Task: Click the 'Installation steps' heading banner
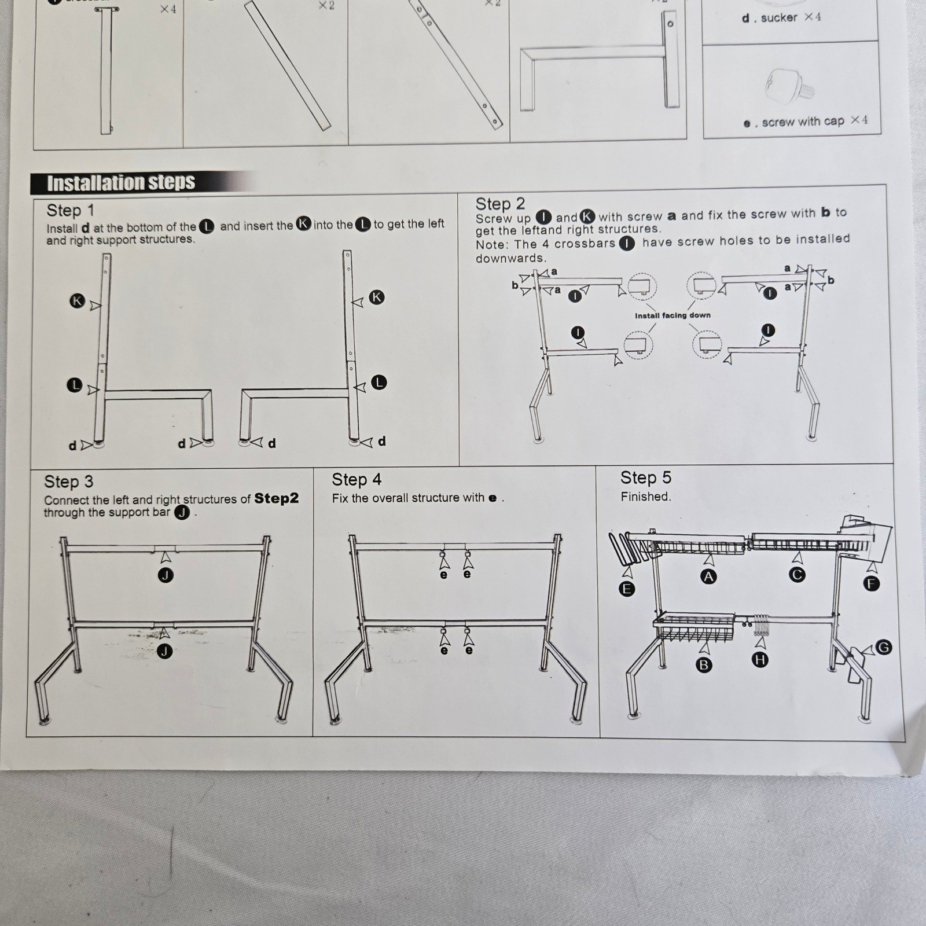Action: coord(121,183)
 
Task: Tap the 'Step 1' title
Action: coord(70,210)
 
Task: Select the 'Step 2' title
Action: coord(500,204)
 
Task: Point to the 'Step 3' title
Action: coord(68,482)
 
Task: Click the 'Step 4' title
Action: coord(357,479)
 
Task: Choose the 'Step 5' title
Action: coord(645,477)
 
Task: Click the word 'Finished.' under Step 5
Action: coord(645,497)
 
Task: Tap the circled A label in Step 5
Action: coord(708,576)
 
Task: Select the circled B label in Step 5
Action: coord(704,665)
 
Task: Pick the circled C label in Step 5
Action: coord(797,575)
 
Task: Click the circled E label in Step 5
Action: coord(626,589)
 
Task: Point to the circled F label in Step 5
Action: coord(872,583)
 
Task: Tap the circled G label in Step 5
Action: coord(884,647)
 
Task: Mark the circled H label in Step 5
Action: coord(760,660)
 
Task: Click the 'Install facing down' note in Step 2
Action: coord(673,315)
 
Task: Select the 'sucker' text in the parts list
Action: coord(779,18)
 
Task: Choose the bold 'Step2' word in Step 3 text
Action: coord(276,498)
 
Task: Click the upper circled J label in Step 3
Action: coord(166,575)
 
